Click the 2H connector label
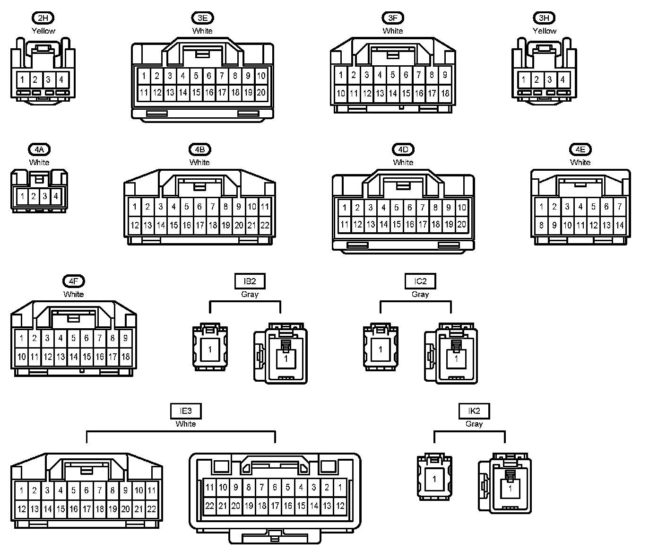point(43,18)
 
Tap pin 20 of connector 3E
point(261,93)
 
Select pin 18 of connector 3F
point(445,93)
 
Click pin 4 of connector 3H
point(563,79)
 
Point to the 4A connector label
point(39,149)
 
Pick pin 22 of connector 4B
point(265,225)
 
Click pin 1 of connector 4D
point(345,207)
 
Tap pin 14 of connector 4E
point(619,225)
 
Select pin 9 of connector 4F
point(125,338)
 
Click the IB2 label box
point(250,281)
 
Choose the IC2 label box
point(420,281)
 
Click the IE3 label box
point(186,411)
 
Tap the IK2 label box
point(474,411)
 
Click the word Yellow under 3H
point(545,31)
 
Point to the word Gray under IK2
point(474,424)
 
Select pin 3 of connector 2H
point(48,79)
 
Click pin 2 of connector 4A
point(34,196)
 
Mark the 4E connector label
point(580,149)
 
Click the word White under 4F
point(73,294)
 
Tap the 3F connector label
point(392,18)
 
